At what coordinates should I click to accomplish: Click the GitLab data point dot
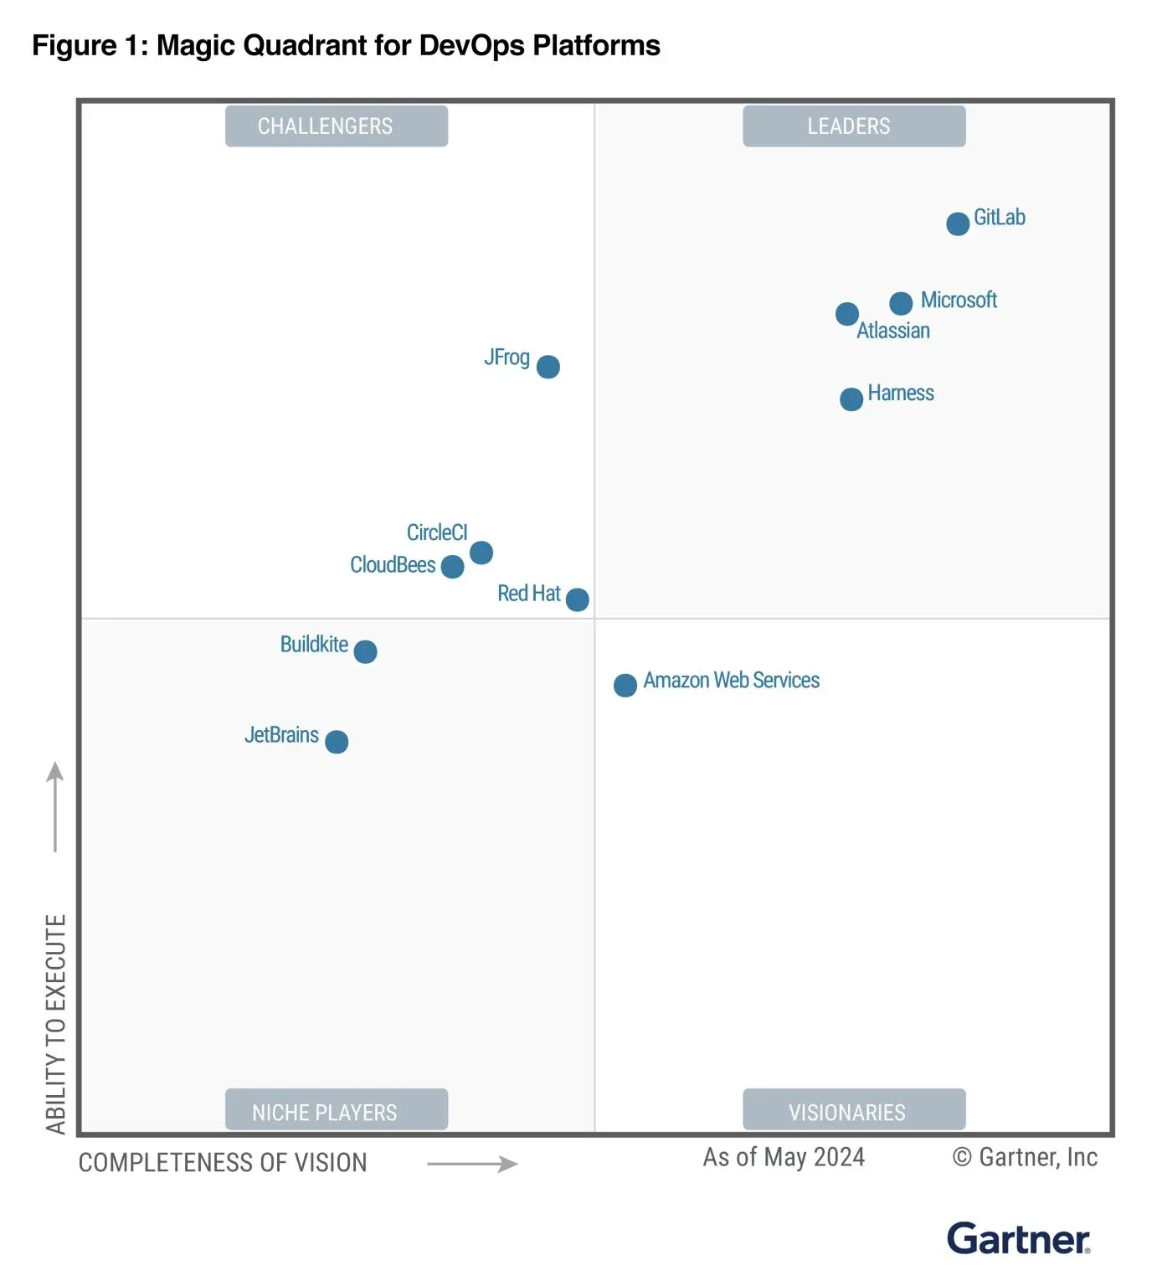958,224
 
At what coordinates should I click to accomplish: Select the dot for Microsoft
901,303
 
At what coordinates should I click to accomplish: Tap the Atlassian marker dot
847,314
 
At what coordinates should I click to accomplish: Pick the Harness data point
851,399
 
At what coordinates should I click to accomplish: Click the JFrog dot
548,367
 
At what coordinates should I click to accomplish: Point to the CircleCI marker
481,553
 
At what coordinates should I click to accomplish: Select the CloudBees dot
452,567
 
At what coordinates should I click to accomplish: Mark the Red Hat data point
578,599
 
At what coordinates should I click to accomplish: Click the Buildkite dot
365,651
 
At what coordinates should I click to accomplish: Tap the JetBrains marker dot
337,742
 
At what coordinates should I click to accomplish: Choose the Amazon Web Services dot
625,686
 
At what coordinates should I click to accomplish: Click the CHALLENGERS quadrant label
337,126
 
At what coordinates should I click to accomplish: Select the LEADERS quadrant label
854,126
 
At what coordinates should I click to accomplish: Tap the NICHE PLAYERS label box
337,1110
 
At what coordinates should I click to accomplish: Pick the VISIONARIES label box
854,1110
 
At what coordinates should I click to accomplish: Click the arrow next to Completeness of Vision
473,1164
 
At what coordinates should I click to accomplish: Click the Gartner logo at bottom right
1018,1239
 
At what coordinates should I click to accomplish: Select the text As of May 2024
784,1157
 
